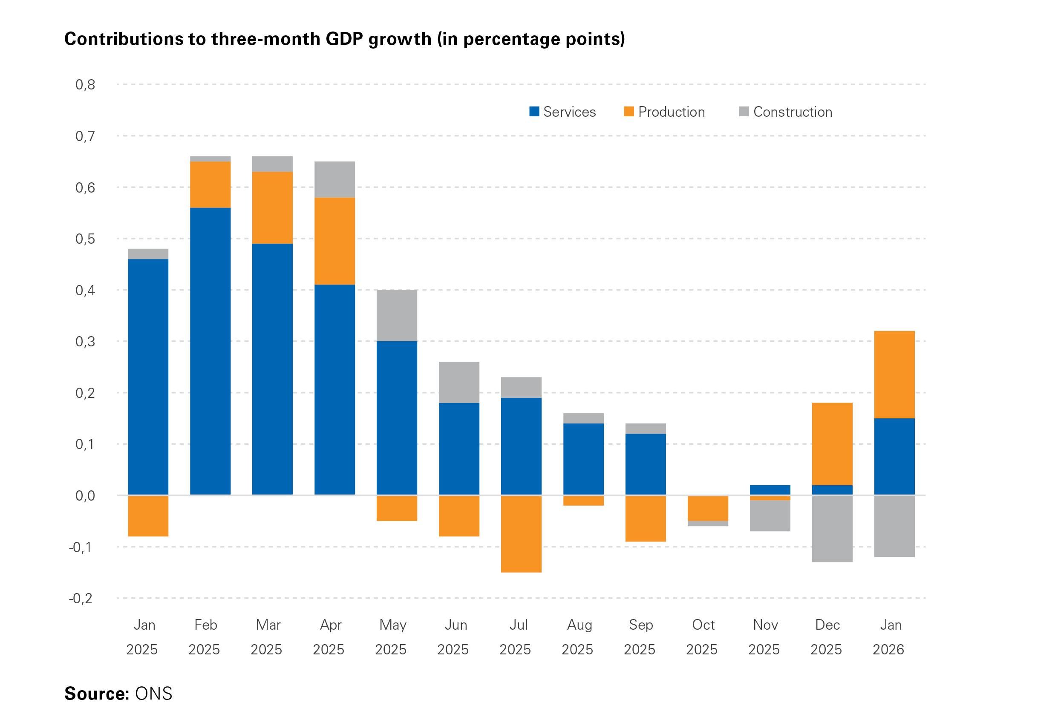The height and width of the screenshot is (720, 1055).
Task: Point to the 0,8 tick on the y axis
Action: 85,84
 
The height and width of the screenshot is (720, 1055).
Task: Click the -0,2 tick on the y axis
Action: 81,598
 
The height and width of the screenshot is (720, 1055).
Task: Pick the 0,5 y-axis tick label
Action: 85,239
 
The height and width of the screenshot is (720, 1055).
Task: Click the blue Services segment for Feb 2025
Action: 210,351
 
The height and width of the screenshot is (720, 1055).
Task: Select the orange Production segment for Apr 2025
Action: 334,241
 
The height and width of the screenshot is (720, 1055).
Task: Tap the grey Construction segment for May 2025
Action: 397,315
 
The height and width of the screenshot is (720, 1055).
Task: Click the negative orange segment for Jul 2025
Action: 521,533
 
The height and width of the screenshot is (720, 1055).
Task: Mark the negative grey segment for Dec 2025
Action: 832,528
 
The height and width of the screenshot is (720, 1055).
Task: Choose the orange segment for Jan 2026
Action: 894,374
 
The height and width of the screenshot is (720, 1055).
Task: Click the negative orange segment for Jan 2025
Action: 148,516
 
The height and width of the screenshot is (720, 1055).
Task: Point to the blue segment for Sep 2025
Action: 646,464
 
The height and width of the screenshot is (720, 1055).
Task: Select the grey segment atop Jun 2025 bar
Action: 459,382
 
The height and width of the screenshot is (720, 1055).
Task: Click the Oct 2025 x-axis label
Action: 703,637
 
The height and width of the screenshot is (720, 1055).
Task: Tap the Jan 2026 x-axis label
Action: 889,637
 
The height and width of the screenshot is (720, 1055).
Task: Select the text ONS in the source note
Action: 153,694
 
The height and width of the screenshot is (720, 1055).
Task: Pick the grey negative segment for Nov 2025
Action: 770,515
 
